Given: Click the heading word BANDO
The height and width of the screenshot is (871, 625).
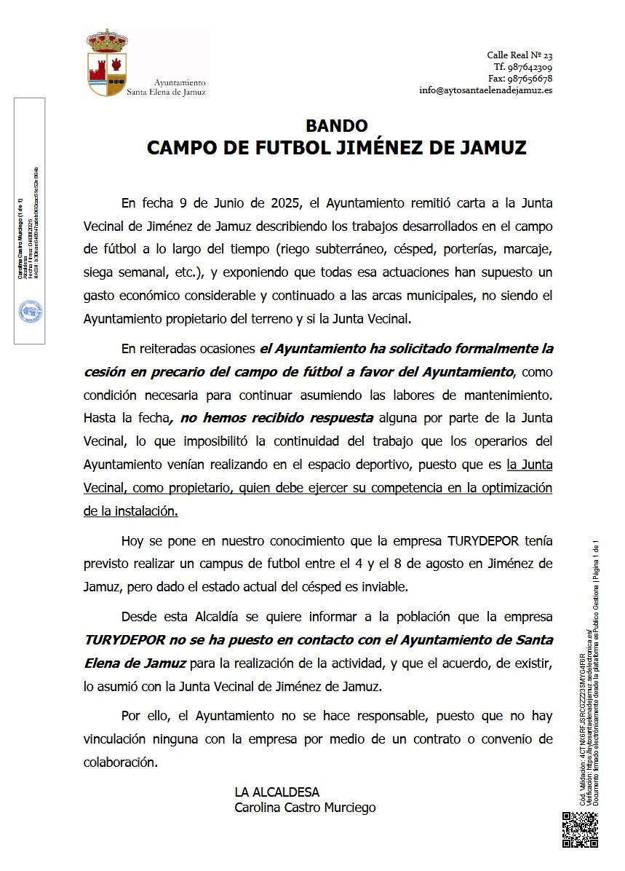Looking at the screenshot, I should click(x=336, y=126).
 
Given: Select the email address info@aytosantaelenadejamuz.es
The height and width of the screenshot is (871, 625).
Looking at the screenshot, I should click(x=485, y=90).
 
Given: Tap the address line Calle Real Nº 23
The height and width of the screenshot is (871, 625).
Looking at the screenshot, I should click(x=519, y=55).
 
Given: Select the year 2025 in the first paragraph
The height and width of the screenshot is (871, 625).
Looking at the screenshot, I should click(x=289, y=202).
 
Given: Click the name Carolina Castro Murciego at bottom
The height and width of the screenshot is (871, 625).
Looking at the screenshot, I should click(x=305, y=807).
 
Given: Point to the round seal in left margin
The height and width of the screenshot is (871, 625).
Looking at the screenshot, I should click(x=30, y=312).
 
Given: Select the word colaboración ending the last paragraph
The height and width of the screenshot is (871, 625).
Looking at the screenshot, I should click(x=120, y=762).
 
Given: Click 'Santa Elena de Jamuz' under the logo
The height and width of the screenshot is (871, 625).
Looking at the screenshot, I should click(x=166, y=92).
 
